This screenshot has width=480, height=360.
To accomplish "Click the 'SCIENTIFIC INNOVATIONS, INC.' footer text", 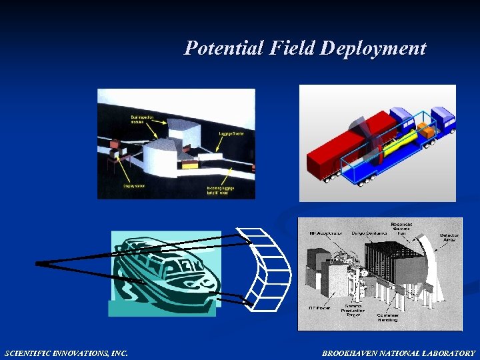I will (x=66, y=353).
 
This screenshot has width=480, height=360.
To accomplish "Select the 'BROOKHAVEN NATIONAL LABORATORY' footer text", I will (x=399, y=353).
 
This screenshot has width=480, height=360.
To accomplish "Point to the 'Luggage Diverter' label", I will (x=231, y=134).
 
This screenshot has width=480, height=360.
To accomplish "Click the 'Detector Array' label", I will (x=448, y=237).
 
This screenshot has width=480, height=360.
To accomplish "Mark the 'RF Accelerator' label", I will (x=325, y=233).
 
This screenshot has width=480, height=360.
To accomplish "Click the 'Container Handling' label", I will (x=387, y=317).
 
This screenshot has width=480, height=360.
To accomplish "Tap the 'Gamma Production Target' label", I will (x=353, y=311).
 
